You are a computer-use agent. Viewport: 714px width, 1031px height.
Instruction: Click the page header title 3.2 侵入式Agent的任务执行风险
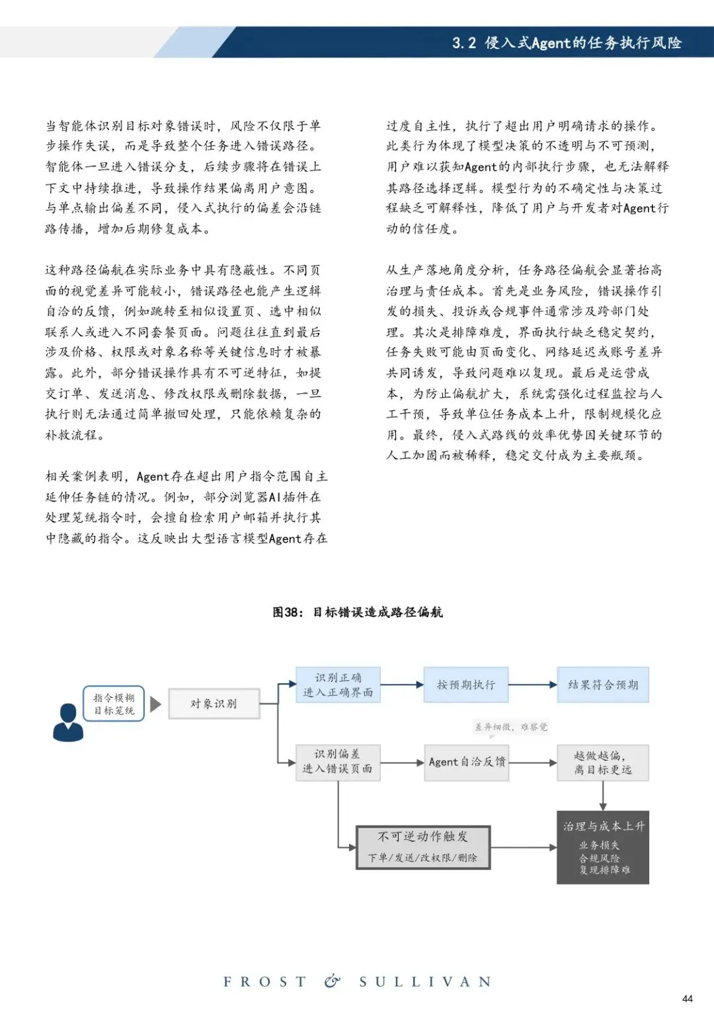pyautogui.click(x=567, y=43)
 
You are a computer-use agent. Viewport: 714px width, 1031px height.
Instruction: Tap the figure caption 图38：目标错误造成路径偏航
pyautogui.click(x=358, y=612)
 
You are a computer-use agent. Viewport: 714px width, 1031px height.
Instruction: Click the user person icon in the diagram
pyautogui.click(x=68, y=722)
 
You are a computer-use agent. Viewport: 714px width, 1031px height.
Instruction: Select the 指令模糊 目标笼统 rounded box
pyautogui.click(x=114, y=704)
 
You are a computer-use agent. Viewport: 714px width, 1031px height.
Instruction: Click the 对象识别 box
pyautogui.click(x=214, y=704)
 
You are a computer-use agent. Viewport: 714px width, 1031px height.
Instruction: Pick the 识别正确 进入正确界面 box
pyautogui.click(x=338, y=685)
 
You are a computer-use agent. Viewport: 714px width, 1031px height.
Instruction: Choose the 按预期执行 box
pyautogui.click(x=466, y=685)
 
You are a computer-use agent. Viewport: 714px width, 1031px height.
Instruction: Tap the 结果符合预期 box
pyautogui.click(x=603, y=685)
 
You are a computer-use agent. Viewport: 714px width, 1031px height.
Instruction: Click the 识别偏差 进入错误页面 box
pyautogui.click(x=338, y=761)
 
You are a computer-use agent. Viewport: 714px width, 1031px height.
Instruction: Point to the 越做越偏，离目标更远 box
pyautogui.click(x=603, y=762)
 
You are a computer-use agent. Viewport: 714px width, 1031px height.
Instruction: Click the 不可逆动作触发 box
pyautogui.click(x=423, y=847)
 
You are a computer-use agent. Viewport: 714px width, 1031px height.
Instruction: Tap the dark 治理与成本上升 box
pyautogui.click(x=603, y=847)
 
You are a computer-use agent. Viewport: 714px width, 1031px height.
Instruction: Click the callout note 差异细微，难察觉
pyautogui.click(x=511, y=727)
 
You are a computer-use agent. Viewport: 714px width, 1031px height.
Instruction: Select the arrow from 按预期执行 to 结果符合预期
pyautogui.click(x=533, y=685)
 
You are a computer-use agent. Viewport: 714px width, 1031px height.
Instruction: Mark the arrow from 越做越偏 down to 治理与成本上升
pyautogui.click(x=603, y=796)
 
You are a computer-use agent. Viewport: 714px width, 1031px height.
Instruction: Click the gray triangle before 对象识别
pyautogui.click(x=156, y=704)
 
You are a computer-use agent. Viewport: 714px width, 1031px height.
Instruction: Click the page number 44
pyautogui.click(x=688, y=999)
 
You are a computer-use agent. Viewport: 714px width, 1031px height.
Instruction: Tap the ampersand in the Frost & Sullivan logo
pyautogui.click(x=333, y=981)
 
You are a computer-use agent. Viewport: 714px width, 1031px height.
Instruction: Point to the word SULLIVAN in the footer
pyautogui.click(x=425, y=982)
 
